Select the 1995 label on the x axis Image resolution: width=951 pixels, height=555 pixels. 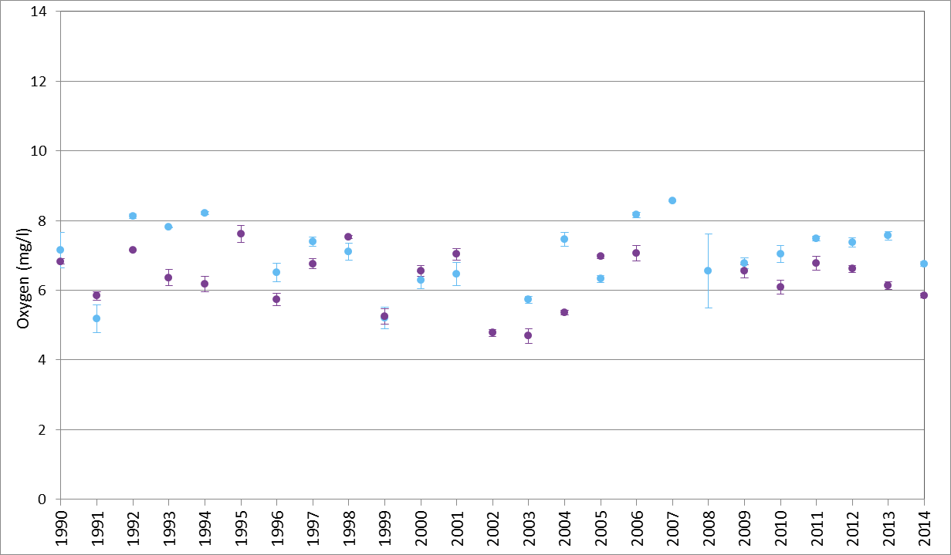[x=241, y=528]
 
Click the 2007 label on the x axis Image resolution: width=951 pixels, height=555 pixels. [x=672, y=528]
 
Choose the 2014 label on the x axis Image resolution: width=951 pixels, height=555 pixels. [x=924, y=528]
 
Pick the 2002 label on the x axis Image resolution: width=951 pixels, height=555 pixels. [x=492, y=528]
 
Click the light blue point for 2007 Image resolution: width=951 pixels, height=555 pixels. [x=672, y=200]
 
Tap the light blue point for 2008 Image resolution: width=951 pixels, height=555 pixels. [x=708, y=271]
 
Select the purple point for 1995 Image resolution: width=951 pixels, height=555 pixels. [x=241, y=234]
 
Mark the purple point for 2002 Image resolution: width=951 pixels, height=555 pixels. [x=492, y=332]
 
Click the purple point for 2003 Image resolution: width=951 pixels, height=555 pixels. [x=528, y=335]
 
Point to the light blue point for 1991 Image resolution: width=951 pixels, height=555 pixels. [x=96, y=318]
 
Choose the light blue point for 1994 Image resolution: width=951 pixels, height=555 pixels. [x=205, y=213]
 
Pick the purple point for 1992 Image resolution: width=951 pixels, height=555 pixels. [x=133, y=250]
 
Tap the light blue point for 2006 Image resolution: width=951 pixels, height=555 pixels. [x=636, y=214]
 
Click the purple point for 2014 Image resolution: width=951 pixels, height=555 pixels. [x=924, y=295]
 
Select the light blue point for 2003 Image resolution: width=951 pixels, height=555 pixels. [x=528, y=299]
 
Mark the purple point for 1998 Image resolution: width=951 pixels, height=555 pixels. [x=348, y=237]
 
